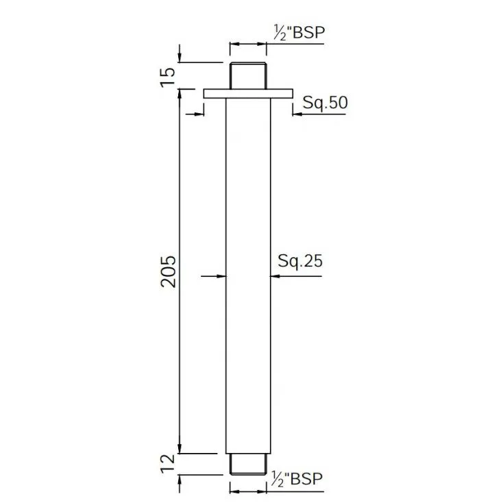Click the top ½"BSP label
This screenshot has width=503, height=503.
[299, 32]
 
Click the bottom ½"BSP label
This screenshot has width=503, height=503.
[297, 479]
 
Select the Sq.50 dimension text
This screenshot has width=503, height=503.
[325, 103]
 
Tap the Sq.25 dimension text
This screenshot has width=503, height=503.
[300, 261]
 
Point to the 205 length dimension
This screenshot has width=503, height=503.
[169, 271]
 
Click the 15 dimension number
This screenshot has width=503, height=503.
[168, 77]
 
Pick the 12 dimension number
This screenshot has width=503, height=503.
[168, 463]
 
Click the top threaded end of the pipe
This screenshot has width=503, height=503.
[248, 75]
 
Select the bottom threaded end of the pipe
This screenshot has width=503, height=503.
[248, 464]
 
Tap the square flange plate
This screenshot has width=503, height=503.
[248, 93]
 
